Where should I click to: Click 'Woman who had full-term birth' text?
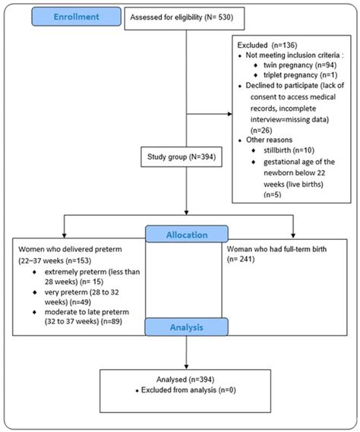coord(278,248)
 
